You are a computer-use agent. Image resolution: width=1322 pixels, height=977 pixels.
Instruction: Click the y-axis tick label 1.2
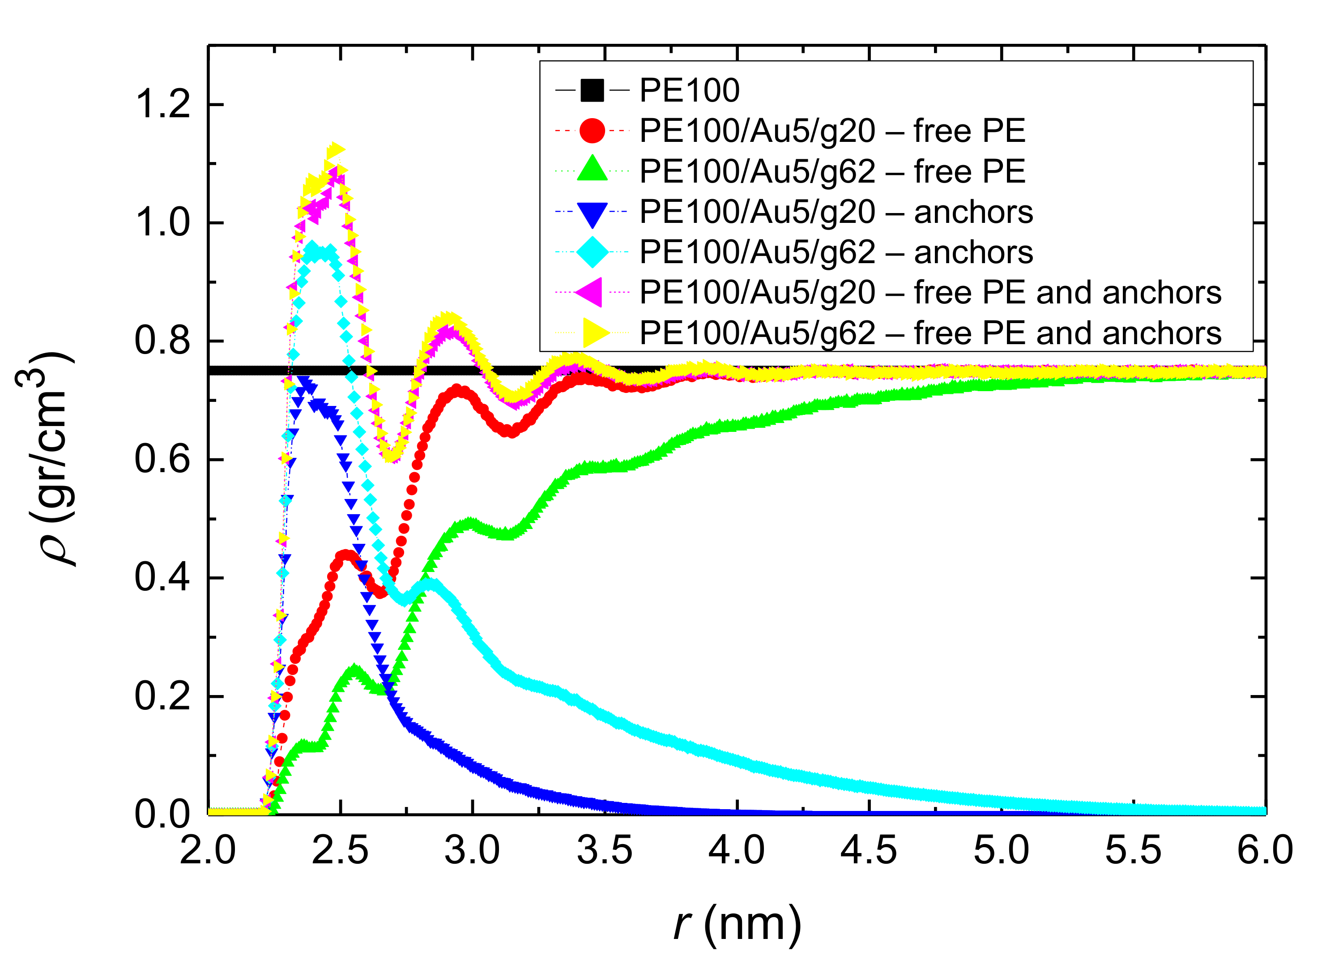(x=162, y=104)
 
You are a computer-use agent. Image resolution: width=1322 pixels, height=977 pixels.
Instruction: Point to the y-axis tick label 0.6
(x=162, y=460)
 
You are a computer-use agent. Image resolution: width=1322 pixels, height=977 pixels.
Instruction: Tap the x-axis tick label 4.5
(x=869, y=850)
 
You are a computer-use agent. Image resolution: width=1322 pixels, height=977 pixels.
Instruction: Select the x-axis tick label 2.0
(x=208, y=850)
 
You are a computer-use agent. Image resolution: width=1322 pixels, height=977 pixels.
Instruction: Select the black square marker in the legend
(x=592, y=90)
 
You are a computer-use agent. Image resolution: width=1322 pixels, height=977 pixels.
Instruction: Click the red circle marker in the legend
(x=592, y=131)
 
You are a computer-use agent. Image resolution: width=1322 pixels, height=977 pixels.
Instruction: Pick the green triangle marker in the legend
(x=592, y=170)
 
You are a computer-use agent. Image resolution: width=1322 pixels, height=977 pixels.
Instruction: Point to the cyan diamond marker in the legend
(x=592, y=252)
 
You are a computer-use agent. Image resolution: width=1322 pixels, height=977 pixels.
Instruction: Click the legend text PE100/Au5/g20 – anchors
(x=836, y=212)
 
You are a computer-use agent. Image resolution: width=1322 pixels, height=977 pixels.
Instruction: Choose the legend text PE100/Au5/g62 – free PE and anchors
(x=930, y=333)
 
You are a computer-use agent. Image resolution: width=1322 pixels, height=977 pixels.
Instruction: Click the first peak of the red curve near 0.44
(x=346, y=556)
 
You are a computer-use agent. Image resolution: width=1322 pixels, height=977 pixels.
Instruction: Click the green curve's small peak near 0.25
(x=354, y=672)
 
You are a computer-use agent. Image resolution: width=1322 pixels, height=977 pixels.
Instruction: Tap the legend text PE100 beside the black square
(x=689, y=90)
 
